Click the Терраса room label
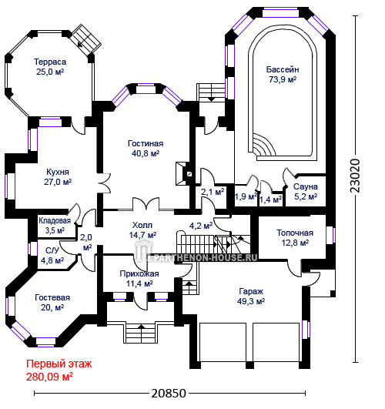click(x=50, y=67)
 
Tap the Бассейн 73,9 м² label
click(x=283, y=75)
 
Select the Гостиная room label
click(x=146, y=148)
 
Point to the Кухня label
click(x=58, y=177)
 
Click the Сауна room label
click(x=306, y=192)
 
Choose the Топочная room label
click(x=295, y=238)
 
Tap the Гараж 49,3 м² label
click(x=251, y=296)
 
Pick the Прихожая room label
click(x=139, y=278)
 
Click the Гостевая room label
click(x=52, y=303)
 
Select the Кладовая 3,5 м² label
click(x=55, y=226)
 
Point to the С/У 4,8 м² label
click(x=52, y=256)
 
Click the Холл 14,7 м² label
click(x=142, y=230)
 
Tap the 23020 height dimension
click(x=355, y=176)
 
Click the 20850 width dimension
click(x=169, y=393)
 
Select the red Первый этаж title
click(x=59, y=364)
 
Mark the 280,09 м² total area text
click(x=49, y=377)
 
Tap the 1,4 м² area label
click(x=270, y=199)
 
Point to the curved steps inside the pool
click(x=263, y=146)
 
